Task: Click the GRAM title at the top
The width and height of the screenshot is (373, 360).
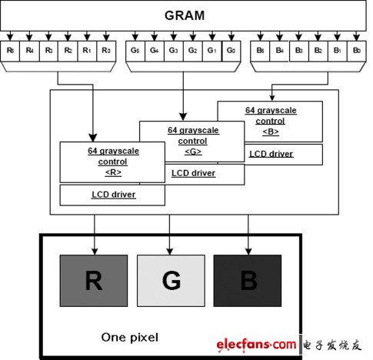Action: click(185, 15)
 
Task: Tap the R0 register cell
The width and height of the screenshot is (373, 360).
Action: click(105, 51)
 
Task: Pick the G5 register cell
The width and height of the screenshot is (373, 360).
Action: click(135, 51)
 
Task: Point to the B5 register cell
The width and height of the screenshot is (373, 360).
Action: click(261, 51)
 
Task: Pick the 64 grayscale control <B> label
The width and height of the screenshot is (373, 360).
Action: click(270, 120)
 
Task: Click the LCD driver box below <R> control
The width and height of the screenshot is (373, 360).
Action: click(112, 195)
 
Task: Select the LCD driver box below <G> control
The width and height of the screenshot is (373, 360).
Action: click(192, 174)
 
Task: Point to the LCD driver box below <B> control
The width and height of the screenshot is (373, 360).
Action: click(271, 153)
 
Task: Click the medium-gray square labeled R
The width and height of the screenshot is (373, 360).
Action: click(93, 282)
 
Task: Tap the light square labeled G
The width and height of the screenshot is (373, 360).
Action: click(171, 282)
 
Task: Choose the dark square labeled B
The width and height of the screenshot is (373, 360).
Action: click(248, 282)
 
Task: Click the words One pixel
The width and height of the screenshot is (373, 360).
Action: click(130, 337)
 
